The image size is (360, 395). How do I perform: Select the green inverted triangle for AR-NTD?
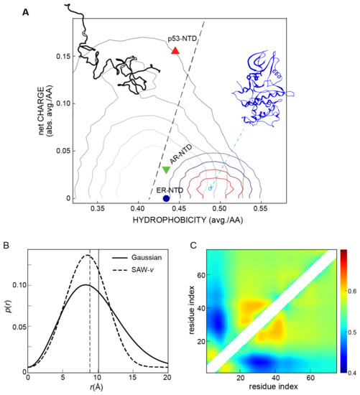[166, 170]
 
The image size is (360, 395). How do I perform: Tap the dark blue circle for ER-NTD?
[166, 198]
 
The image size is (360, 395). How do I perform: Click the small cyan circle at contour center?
[210, 188]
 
